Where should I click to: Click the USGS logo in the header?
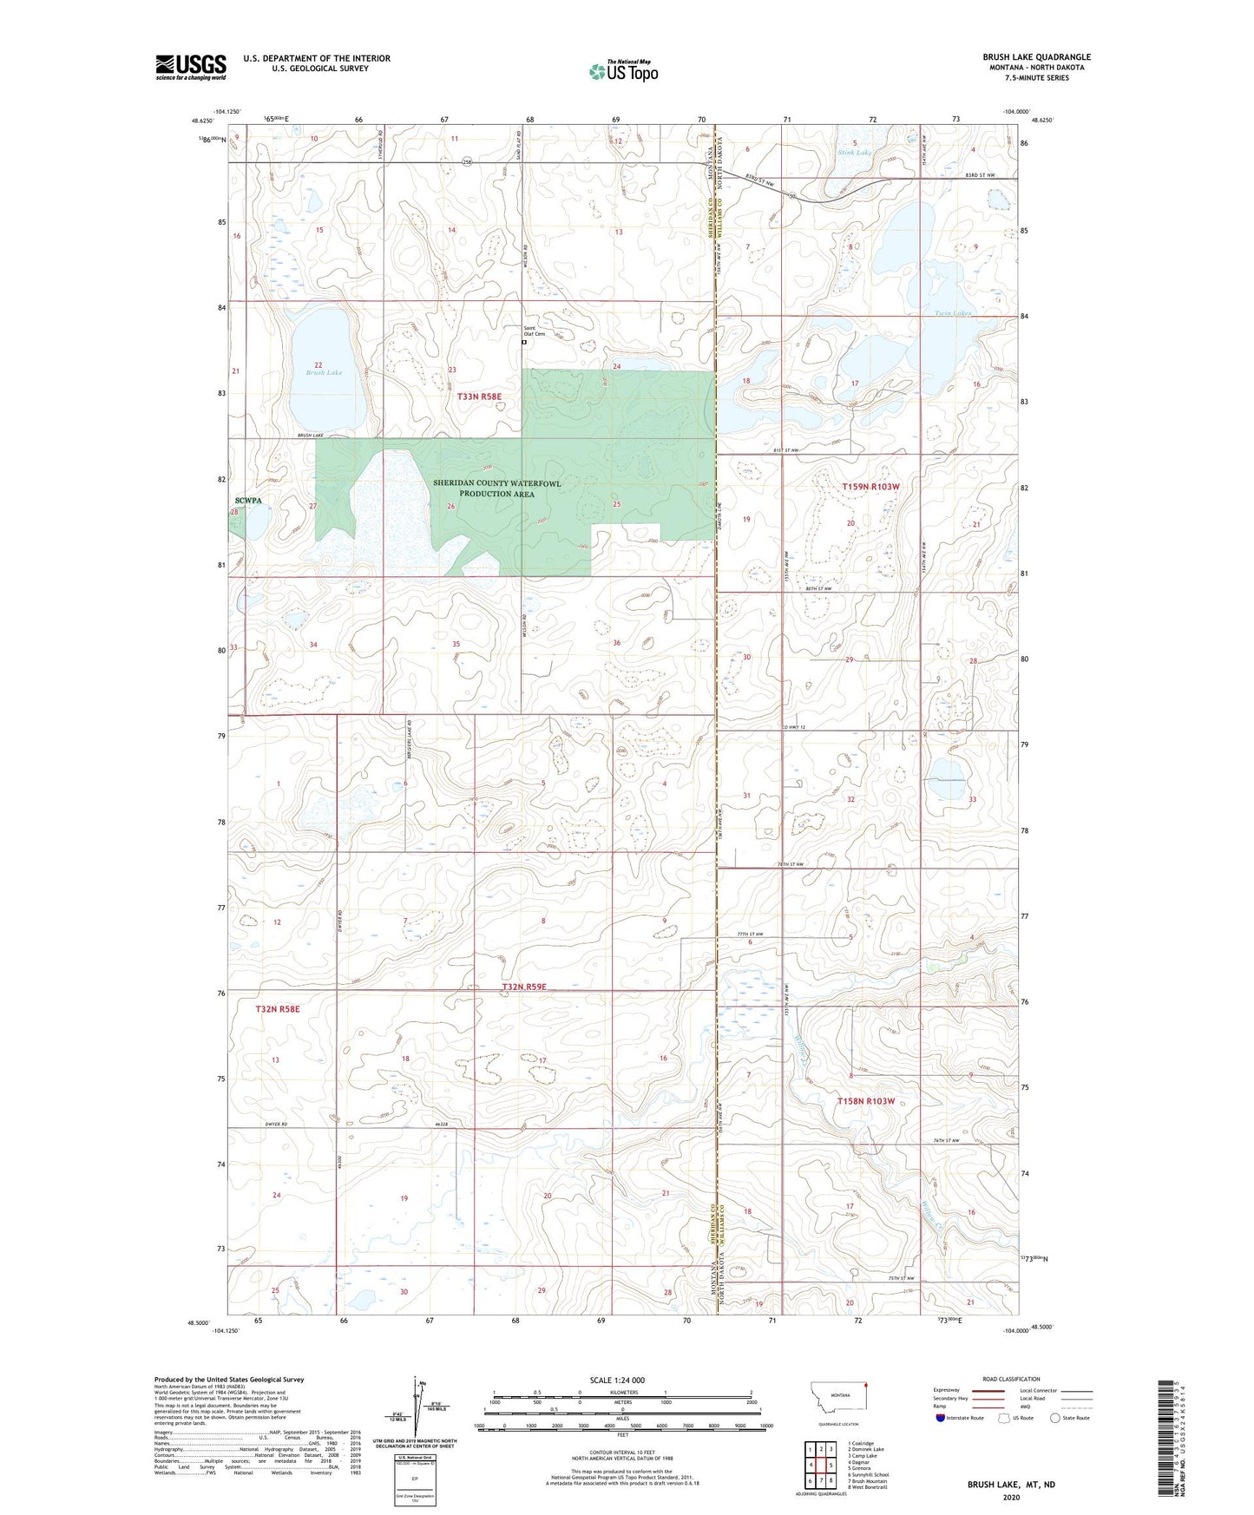click(190, 67)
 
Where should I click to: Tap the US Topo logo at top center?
click(624, 71)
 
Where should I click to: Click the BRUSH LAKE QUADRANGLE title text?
click(1036, 57)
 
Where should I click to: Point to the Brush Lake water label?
click(324, 373)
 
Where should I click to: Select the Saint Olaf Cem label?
click(535, 331)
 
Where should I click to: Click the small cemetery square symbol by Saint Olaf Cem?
click(524, 343)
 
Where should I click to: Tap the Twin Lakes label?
click(952, 313)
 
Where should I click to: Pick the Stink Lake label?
click(855, 153)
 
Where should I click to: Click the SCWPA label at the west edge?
click(247, 501)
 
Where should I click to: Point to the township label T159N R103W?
click(870, 487)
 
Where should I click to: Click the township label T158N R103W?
click(865, 1101)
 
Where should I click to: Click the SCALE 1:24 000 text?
click(616, 1381)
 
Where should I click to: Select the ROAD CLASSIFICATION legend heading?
click(1010, 1379)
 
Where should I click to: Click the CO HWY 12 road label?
click(794, 727)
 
